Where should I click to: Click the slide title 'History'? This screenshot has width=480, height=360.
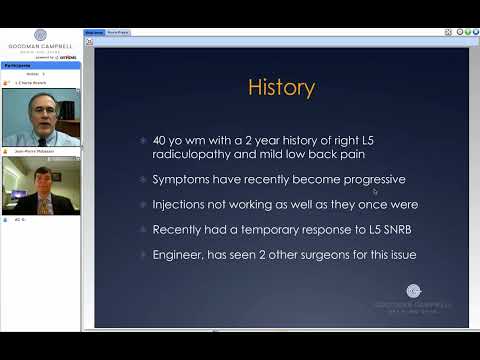[281, 87]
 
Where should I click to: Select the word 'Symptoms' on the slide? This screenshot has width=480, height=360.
[180, 180]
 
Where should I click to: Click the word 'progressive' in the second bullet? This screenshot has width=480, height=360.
[340, 180]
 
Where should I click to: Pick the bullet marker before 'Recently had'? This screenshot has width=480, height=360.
[143, 229]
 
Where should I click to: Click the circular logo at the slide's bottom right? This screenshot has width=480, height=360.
[414, 291]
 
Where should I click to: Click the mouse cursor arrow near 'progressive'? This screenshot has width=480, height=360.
[376, 191]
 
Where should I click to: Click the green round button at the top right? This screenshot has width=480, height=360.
[471, 32]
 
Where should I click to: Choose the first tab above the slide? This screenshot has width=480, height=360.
[94, 32]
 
